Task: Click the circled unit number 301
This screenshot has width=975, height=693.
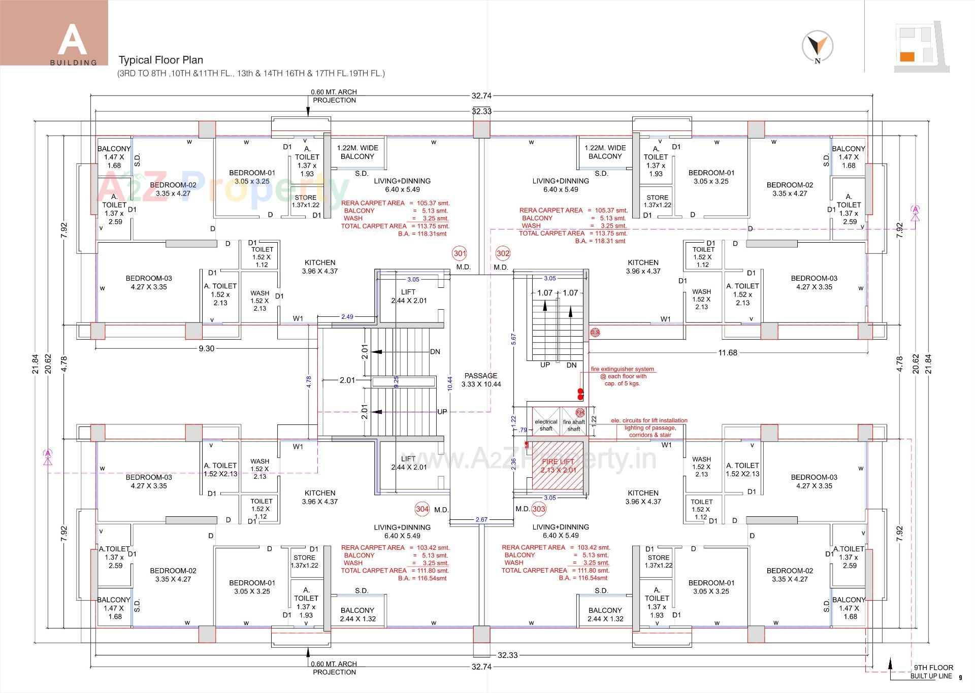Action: [459, 253]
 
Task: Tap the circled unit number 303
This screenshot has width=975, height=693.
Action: [539, 509]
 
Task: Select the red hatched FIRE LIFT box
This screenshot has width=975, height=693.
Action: [558, 466]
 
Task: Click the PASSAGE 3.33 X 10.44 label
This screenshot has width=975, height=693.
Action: [481, 380]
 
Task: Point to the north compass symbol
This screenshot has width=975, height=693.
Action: [817, 46]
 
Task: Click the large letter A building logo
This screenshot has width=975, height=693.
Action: [72, 39]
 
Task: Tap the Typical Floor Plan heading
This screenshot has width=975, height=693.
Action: [161, 60]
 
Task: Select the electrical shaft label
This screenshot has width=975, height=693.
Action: [546, 425]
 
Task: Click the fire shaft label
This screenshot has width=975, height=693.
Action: [574, 425]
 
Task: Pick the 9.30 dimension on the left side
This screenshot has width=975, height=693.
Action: [206, 348]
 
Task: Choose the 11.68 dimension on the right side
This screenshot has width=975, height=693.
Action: [727, 352]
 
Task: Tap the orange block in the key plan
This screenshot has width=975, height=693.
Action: [907, 56]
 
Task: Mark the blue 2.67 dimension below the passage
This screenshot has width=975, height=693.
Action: [481, 519]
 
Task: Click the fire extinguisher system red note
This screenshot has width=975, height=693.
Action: [622, 376]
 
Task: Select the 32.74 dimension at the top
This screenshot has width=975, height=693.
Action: [481, 95]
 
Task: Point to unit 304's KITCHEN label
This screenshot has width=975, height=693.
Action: [320, 497]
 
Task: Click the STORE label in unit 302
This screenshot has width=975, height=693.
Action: [658, 201]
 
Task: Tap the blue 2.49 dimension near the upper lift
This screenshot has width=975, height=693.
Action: [347, 317]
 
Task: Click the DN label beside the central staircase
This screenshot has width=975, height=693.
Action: [435, 352]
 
